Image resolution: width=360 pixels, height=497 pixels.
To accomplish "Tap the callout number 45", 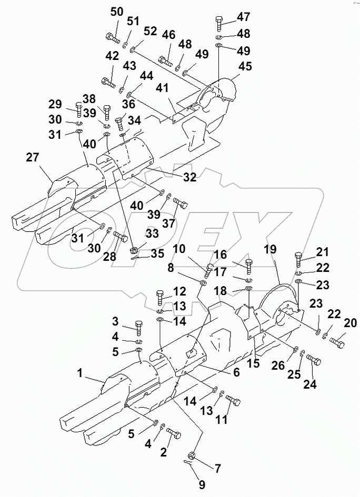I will [x=245, y=67].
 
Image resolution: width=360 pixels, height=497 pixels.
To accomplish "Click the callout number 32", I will [x=189, y=178].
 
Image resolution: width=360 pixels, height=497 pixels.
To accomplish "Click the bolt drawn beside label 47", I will [x=219, y=23].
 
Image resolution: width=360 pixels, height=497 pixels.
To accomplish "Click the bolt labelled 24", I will [x=314, y=360].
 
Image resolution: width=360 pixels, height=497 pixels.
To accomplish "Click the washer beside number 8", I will [x=203, y=283].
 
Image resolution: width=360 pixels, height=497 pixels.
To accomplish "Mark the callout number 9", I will [x=202, y=484].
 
